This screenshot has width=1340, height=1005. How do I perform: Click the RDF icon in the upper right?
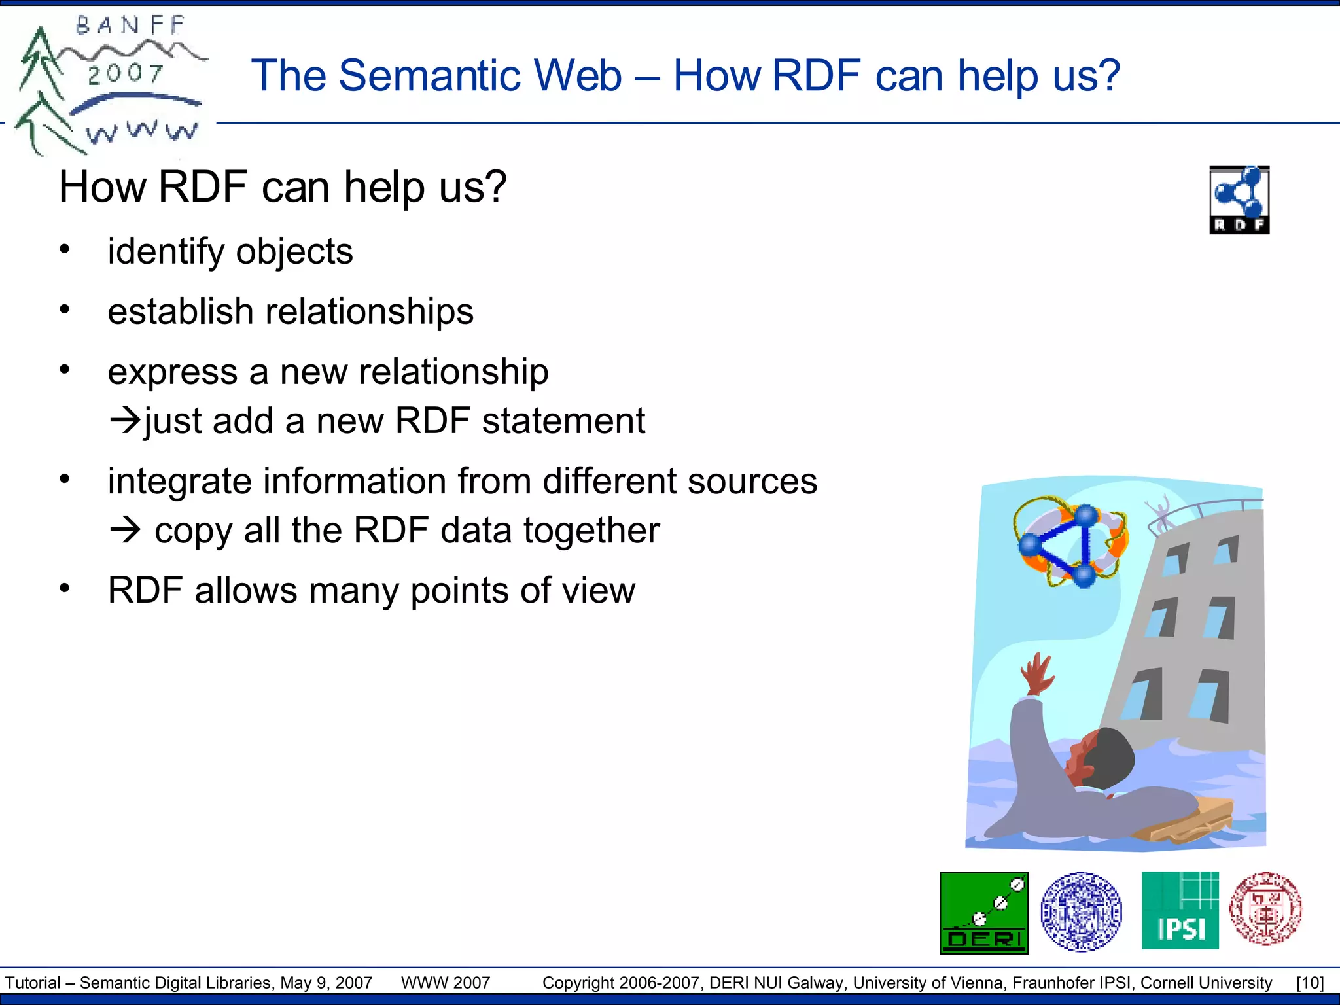coord(1239,200)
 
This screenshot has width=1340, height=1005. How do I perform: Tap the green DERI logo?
coord(984,913)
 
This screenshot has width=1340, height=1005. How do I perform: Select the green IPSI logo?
coord(1180,910)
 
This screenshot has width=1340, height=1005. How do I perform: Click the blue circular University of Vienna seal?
coord(1081,911)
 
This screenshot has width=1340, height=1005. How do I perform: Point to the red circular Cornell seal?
coord(1265,908)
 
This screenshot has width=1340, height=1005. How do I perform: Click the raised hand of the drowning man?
coord(1037,674)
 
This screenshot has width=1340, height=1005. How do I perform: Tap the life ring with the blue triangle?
coord(1070,542)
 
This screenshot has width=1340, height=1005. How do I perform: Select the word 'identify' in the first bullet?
coord(166,252)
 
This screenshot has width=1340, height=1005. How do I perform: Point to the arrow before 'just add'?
coord(124,420)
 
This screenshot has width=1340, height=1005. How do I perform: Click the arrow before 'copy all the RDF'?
coord(124,529)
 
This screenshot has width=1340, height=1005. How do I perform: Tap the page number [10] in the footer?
coord(1310,983)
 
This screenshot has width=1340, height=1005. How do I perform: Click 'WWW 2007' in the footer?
coord(446,983)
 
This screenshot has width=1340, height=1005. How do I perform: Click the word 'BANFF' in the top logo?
coord(130,26)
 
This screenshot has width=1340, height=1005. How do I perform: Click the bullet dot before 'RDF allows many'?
coord(64,588)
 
